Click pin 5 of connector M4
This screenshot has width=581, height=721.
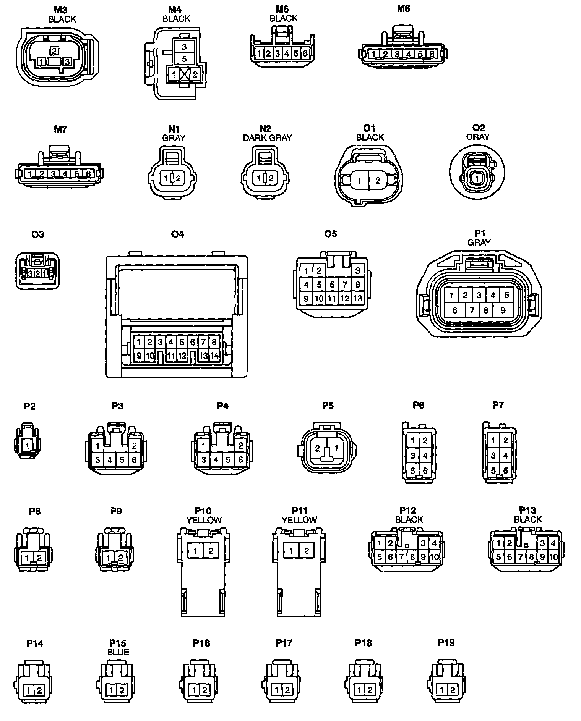[x=184, y=59]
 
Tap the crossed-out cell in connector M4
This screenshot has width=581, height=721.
[x=184, y=74]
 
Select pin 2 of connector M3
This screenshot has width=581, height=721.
[x=54, y=50]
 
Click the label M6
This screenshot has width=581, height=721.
[x=403, y=8]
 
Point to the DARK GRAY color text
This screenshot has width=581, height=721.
[x=267, y=137]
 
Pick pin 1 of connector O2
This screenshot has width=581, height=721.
[x=477, y=178]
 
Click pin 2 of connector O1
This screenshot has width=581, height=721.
[x=378, y=180]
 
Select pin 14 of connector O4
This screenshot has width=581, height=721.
[x=214, y=356]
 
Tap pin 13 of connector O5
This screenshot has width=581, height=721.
[x=358, y=298]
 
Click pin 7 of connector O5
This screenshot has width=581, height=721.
[x=345, y=285]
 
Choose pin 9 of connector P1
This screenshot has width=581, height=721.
[x=503, y=310]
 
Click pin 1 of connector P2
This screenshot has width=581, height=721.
[x=28, y=445]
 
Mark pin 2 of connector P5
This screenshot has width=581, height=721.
[x=318, y=449]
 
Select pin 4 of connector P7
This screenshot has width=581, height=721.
[x=506, y=455]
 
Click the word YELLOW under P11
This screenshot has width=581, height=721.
[x=299, y=520]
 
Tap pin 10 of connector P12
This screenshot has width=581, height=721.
[x=435, y=557]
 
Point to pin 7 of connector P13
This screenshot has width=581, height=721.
[x=520, y=557]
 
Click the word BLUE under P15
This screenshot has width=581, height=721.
[x=118, y=652]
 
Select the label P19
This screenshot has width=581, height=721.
[x=446, y=643]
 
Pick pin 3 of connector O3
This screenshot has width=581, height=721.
[x=31, y=273]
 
